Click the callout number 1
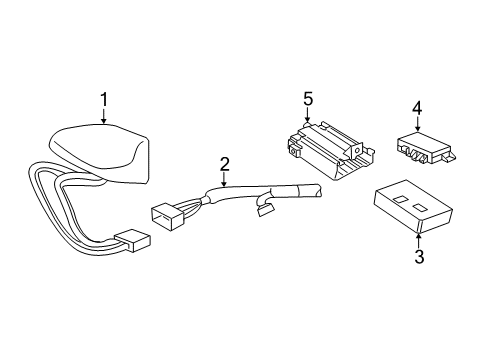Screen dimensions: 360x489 click(x=103, y=99)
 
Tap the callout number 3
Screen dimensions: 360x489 click(x=419, y=258)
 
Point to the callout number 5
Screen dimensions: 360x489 click(x=308, y=99)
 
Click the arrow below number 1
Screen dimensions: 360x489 click(x=104, y=117)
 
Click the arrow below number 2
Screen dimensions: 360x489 click(x=224, y=180)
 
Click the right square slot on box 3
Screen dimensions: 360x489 click(x=420, y=210)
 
